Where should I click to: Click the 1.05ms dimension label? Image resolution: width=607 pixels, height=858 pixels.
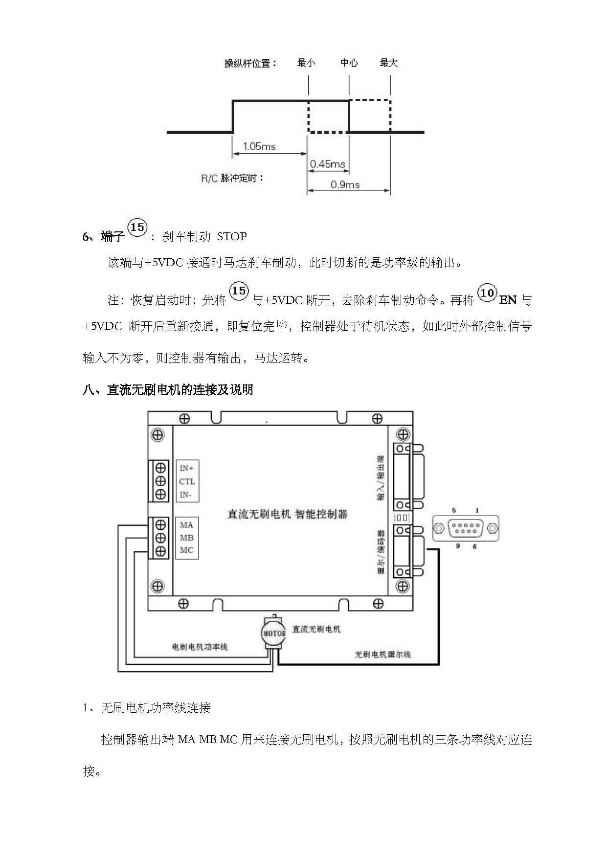[259, 146]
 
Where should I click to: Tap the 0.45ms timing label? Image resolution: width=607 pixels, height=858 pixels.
[327, 164]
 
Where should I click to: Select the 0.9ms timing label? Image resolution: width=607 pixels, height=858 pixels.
[345, 184]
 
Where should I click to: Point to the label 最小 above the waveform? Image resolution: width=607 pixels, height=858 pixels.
[306, 63]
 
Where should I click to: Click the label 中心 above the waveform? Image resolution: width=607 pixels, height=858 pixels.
[349, 63]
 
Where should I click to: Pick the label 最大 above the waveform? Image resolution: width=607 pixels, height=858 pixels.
[389, 63]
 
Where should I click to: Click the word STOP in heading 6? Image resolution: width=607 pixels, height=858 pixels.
[231, 236]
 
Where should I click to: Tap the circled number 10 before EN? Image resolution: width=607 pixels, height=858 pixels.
[487, 293]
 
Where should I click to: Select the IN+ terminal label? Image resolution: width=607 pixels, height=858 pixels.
[186, 468]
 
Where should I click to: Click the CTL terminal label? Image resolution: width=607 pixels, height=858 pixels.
[187, 481]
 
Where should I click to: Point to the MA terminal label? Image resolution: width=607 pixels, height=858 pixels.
[186, 525]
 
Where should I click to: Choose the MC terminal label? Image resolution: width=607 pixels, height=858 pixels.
[186, 550]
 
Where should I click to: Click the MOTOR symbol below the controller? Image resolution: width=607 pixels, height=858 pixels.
[274, 633]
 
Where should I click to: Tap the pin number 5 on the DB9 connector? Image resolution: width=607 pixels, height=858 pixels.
[454, 510]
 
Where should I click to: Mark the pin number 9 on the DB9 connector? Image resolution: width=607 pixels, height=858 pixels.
[458, 546]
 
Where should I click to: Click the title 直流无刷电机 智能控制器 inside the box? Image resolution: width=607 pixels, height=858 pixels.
[287, 514]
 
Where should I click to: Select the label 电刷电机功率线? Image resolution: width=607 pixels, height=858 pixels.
[200, 647]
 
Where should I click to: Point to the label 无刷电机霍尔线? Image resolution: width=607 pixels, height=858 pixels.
[382, 654]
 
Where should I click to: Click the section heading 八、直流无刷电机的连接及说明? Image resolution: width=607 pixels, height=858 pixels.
[168, 389]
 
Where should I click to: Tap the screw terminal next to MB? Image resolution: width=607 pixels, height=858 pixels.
[160, 538]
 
